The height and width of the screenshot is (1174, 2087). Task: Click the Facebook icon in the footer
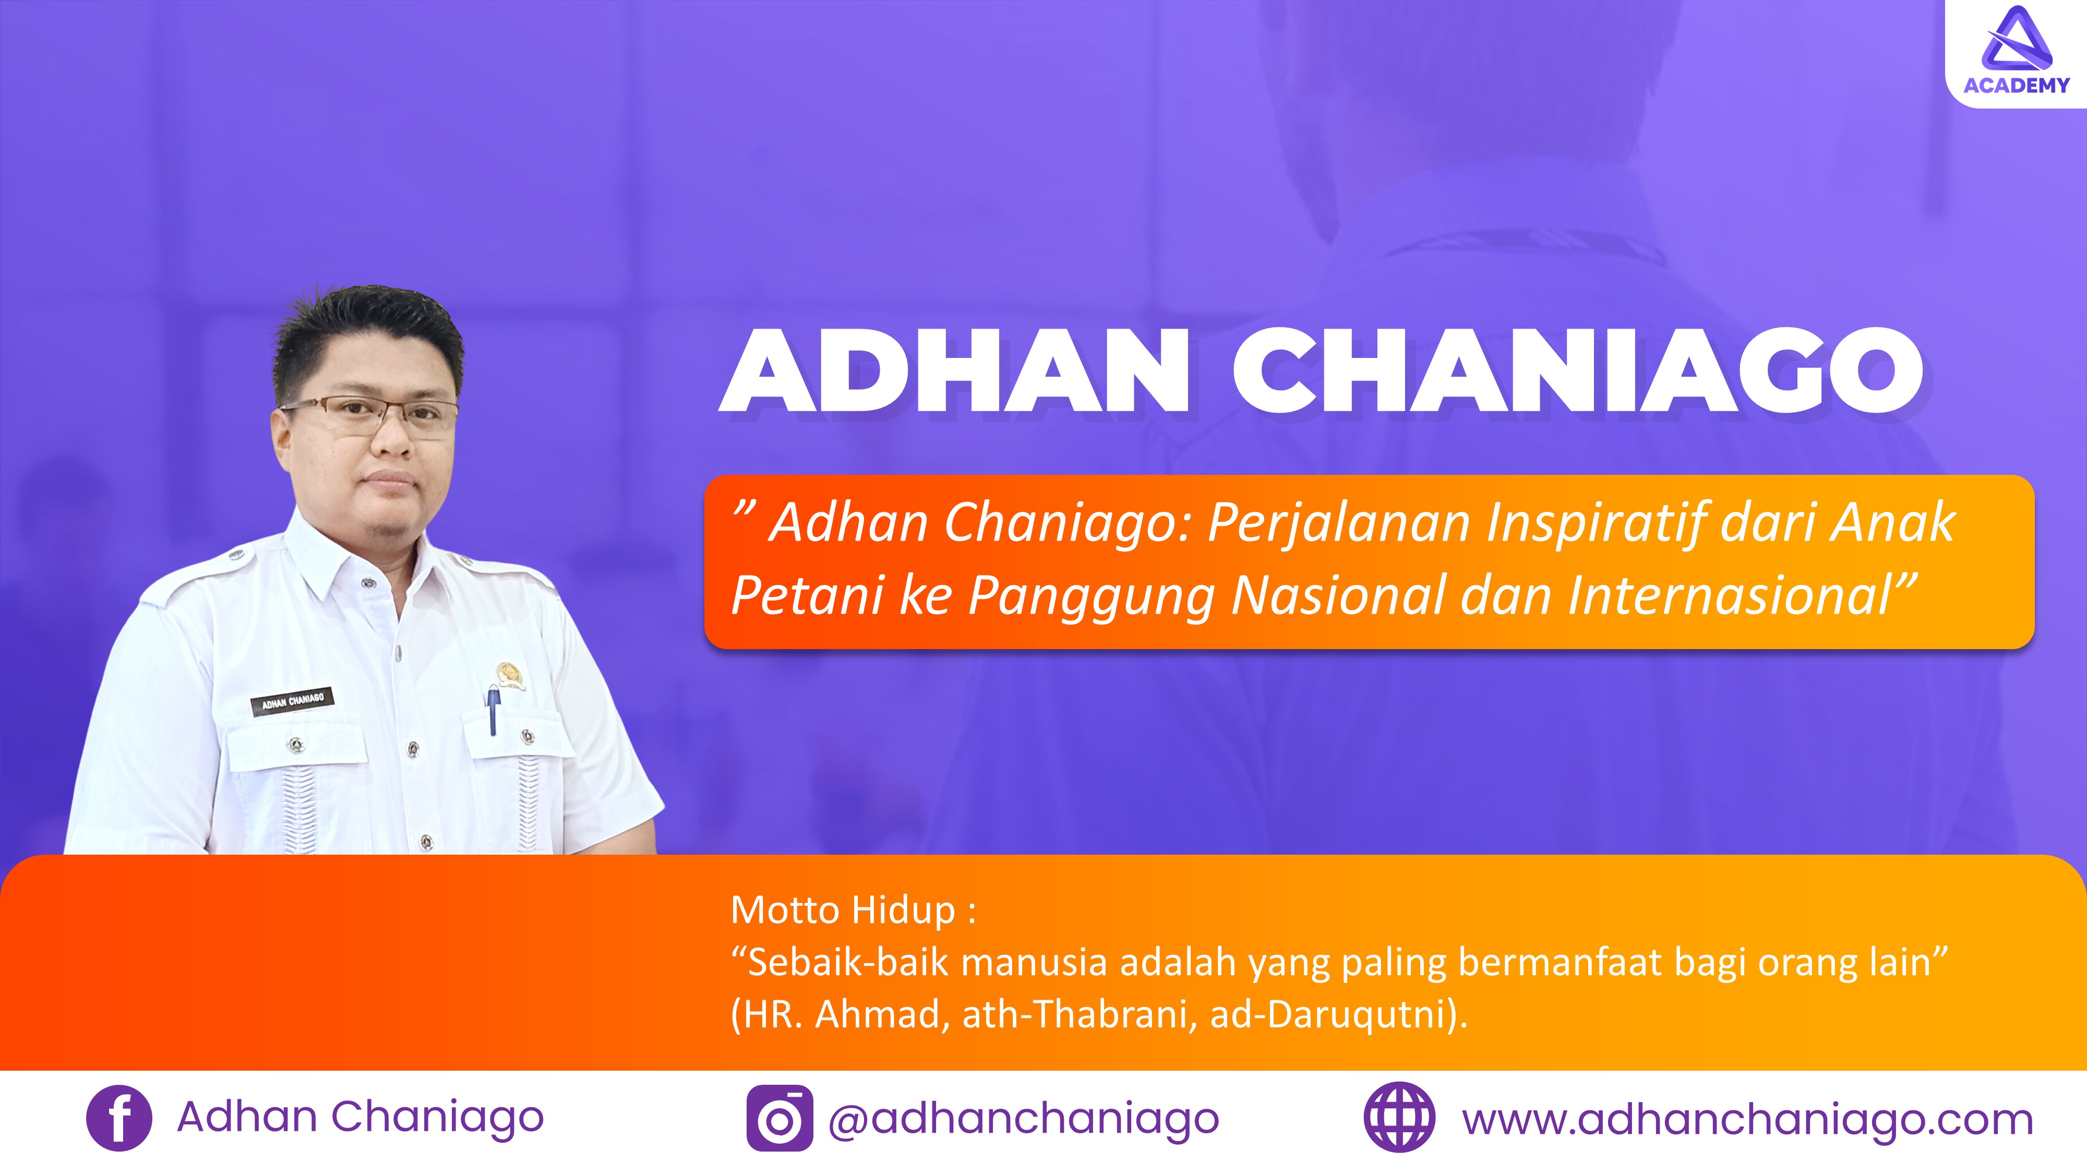pyautogui.click(x=118, y=1118)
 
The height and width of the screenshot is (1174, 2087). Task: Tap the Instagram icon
pyautogui.click(x=779, y=1118)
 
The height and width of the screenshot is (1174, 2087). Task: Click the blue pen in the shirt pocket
pyautogui.click(x=492, y=710)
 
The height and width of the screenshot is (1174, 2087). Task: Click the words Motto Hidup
pyautogui.click(x=843, y=911)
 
